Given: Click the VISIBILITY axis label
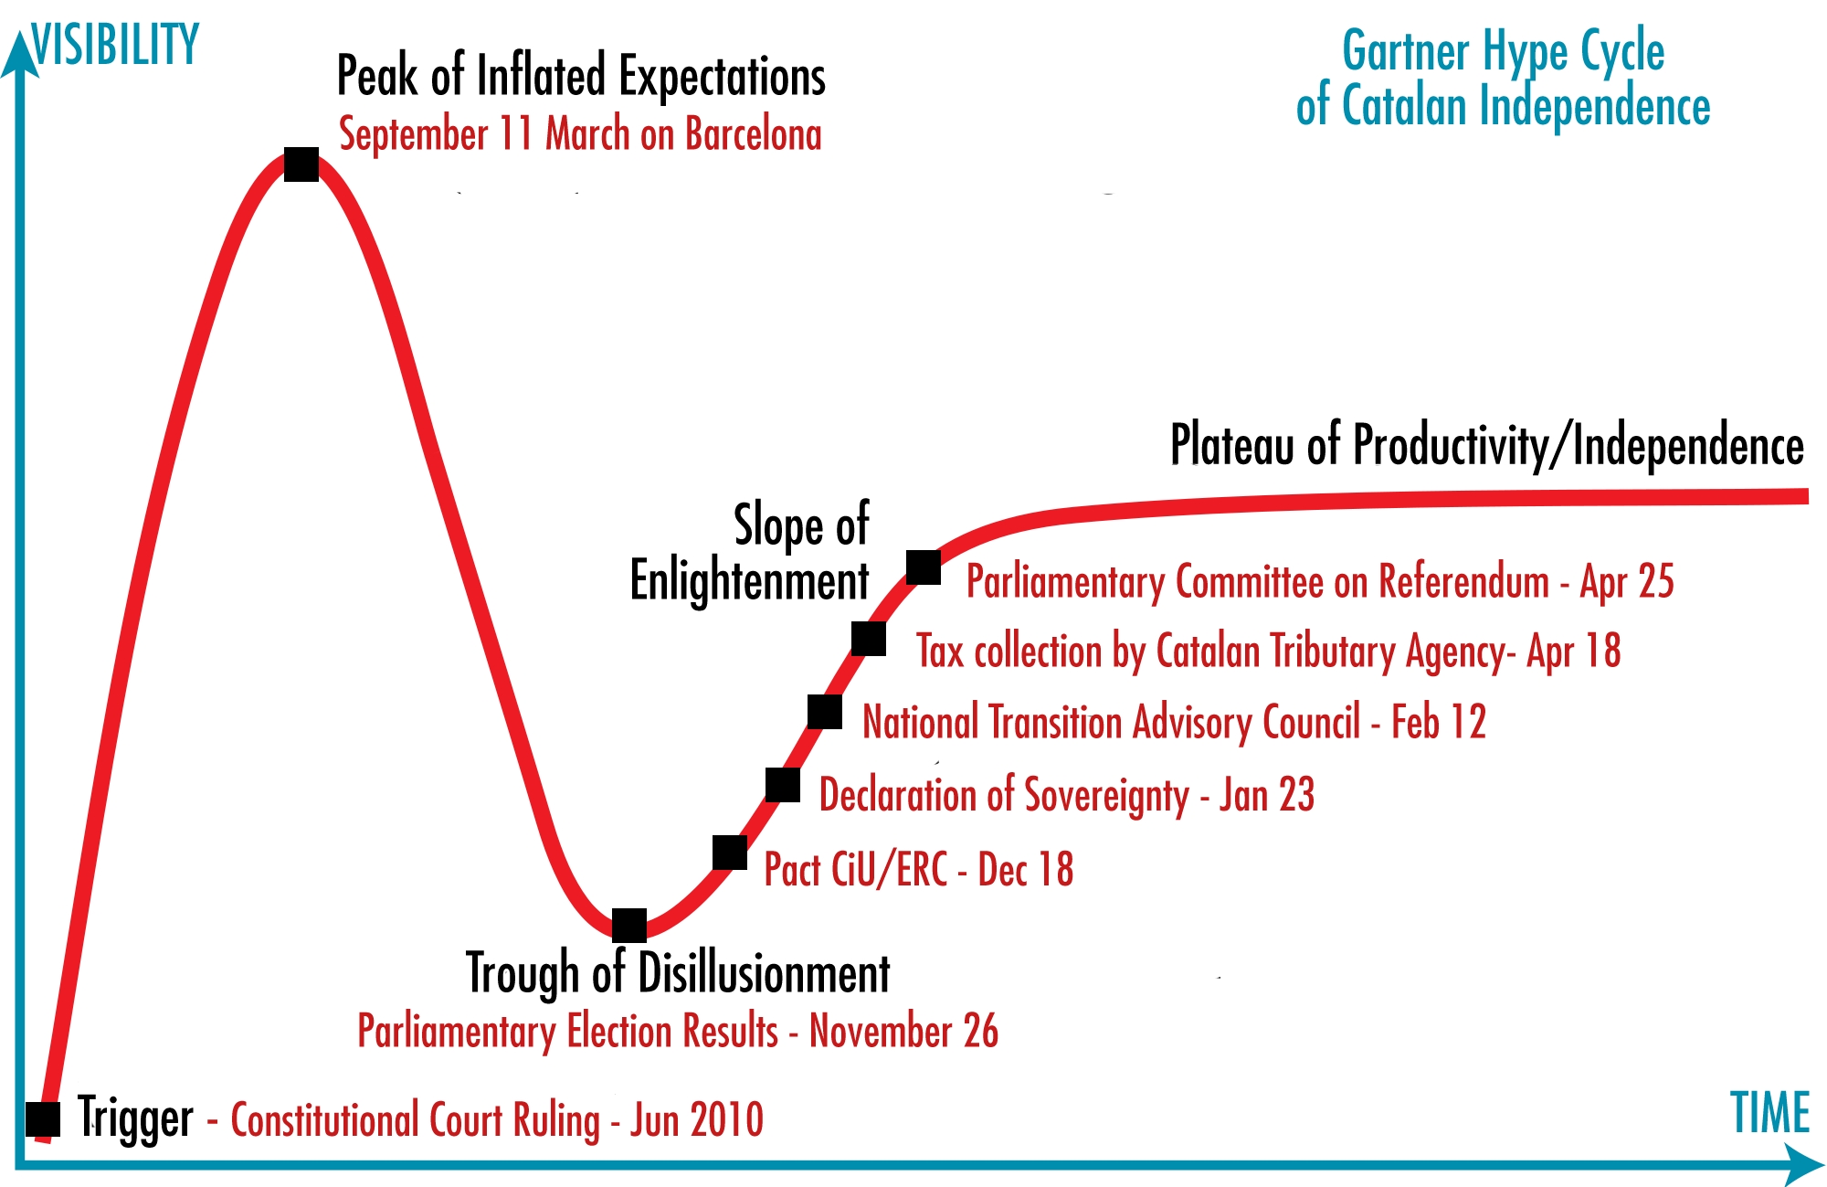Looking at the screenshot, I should (115, 45).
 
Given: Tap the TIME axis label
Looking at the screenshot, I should (1769, 1113).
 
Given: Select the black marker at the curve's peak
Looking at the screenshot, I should (301, 164).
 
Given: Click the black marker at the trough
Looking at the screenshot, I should (629, 925).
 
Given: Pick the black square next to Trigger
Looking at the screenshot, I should (43, 1119).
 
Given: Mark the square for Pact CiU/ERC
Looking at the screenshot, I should (730, 853).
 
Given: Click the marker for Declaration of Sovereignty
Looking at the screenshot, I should (783, 785).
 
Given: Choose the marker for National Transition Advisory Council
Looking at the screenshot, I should (825, 712).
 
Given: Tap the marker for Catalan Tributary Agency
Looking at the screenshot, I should (869, 639).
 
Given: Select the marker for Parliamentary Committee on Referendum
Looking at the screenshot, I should (924, 567).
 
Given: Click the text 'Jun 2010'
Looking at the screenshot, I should (697, 1120).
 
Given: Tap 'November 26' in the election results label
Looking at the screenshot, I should (903, 1031).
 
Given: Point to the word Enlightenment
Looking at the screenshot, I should (749, 581).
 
